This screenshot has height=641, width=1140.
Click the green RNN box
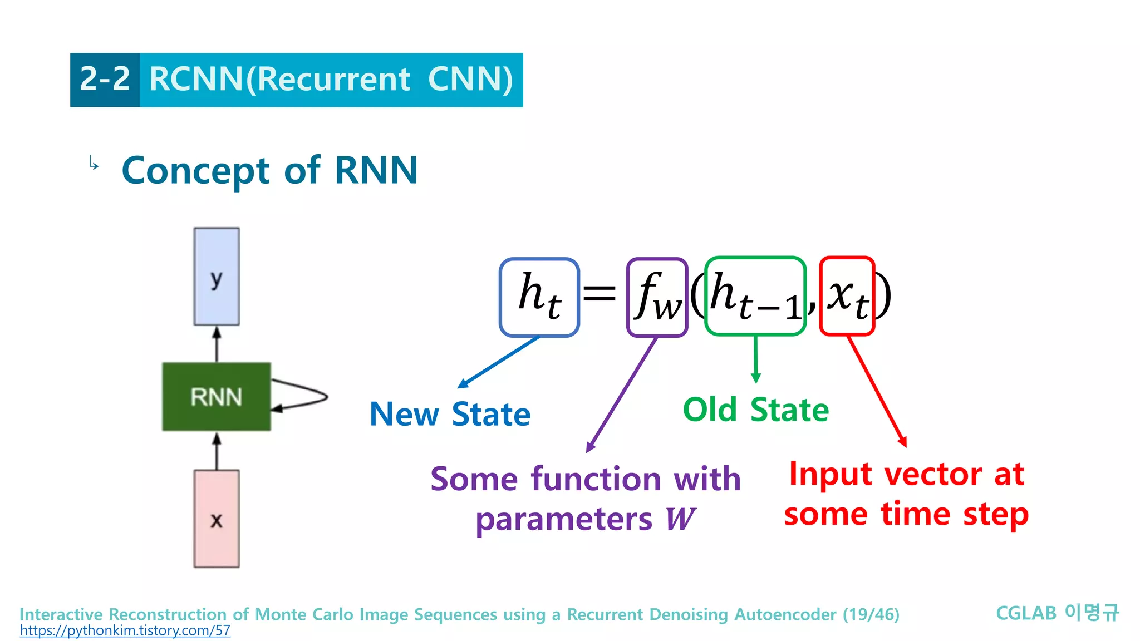coord(217,397)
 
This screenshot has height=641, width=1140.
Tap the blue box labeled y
coord(217,277)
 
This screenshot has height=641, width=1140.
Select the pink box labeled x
coord(217,519)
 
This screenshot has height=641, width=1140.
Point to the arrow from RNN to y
coord(217,344)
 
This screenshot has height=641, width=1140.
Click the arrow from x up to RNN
coord(217,451)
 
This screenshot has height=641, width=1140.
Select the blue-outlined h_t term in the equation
coord(539,297)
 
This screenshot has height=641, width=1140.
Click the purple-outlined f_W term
coord(657,297)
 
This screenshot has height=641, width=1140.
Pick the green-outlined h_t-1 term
coord(755,296)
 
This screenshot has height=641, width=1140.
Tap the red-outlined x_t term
coord(847,296)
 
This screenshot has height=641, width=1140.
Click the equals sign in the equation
coord(600,293)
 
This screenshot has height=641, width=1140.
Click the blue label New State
coord(450,415)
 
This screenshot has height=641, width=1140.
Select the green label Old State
coord(755,410)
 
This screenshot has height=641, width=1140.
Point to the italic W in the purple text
coord(680,519)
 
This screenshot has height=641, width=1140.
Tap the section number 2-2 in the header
coord(105,80)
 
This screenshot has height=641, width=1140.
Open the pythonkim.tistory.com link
coord(125,631)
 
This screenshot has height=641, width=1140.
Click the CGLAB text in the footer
coord(1026,613)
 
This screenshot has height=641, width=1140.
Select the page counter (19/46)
coord(871,614)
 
